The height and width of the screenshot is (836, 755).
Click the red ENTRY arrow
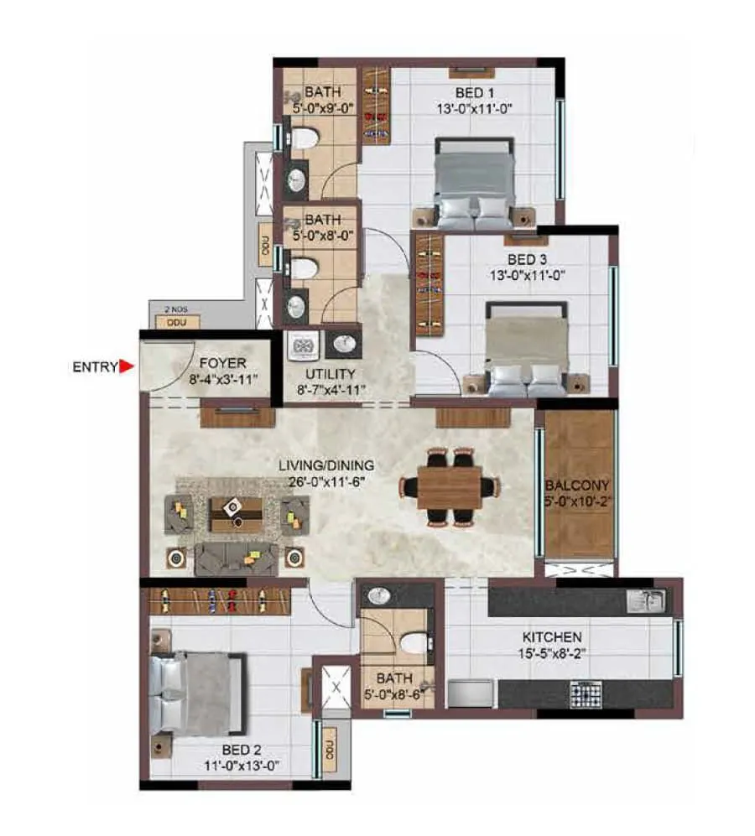[127, 366]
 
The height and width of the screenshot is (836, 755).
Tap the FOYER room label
[222, 363]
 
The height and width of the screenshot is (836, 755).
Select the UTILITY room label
[331, 374]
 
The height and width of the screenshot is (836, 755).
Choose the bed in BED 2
[198, 693]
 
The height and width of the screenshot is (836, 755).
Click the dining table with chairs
[450, 486]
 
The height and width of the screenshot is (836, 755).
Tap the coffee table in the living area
[237, 513]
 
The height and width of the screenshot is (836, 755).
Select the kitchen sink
[648, 600]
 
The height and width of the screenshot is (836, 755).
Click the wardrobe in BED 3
[429, 286]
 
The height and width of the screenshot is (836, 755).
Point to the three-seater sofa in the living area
[236, 558]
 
